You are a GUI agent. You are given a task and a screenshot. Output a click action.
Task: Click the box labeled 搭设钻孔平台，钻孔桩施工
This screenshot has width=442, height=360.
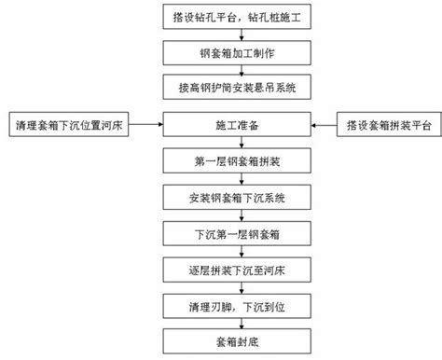coord(237,17)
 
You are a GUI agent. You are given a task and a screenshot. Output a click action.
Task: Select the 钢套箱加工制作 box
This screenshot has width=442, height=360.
coord(237,53)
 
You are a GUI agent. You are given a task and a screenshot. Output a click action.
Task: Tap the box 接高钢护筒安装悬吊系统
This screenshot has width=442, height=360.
coord(237,87)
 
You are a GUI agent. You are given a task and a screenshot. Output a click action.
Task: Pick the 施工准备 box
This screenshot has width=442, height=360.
coord(237,124)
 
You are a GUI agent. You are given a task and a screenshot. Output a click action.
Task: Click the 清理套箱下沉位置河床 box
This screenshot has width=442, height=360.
coord(69,124)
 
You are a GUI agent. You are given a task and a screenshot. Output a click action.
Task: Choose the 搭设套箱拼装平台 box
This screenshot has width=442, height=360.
coord(389,124)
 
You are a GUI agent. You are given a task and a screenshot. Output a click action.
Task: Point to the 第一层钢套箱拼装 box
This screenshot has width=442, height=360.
coord(237,160)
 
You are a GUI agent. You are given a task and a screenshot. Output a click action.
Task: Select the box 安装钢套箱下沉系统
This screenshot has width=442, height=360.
coord(237,197)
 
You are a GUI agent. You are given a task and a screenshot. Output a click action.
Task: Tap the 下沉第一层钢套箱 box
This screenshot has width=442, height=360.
coord(237,233)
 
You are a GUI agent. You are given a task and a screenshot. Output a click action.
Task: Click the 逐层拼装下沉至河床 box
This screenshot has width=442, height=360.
coord(237,270)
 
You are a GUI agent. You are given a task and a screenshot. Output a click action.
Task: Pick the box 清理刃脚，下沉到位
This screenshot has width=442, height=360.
coord(237,306)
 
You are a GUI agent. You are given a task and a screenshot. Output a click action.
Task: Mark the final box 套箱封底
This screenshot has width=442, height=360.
coord(237,341)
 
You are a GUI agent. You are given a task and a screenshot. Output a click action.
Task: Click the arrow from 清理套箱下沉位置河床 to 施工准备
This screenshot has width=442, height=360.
coord(145,124)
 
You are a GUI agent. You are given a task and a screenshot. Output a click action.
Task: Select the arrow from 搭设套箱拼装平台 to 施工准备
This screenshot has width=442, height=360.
coord(324,125)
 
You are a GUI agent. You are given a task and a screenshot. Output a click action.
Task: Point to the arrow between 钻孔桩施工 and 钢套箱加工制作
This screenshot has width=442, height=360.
coord(242,35)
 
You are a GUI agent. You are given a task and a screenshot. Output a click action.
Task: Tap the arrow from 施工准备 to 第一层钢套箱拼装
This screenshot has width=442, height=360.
coord(242,143)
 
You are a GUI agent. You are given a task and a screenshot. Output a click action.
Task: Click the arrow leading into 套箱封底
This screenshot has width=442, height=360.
coord(242,324)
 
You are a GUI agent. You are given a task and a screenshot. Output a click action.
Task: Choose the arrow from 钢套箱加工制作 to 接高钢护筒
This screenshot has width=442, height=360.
coord(242,70)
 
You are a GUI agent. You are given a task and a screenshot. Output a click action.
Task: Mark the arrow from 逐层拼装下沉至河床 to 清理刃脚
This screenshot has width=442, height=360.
coord(242,288)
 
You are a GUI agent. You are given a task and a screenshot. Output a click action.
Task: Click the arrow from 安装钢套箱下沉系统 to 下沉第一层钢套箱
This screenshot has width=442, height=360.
coord(242,215)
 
